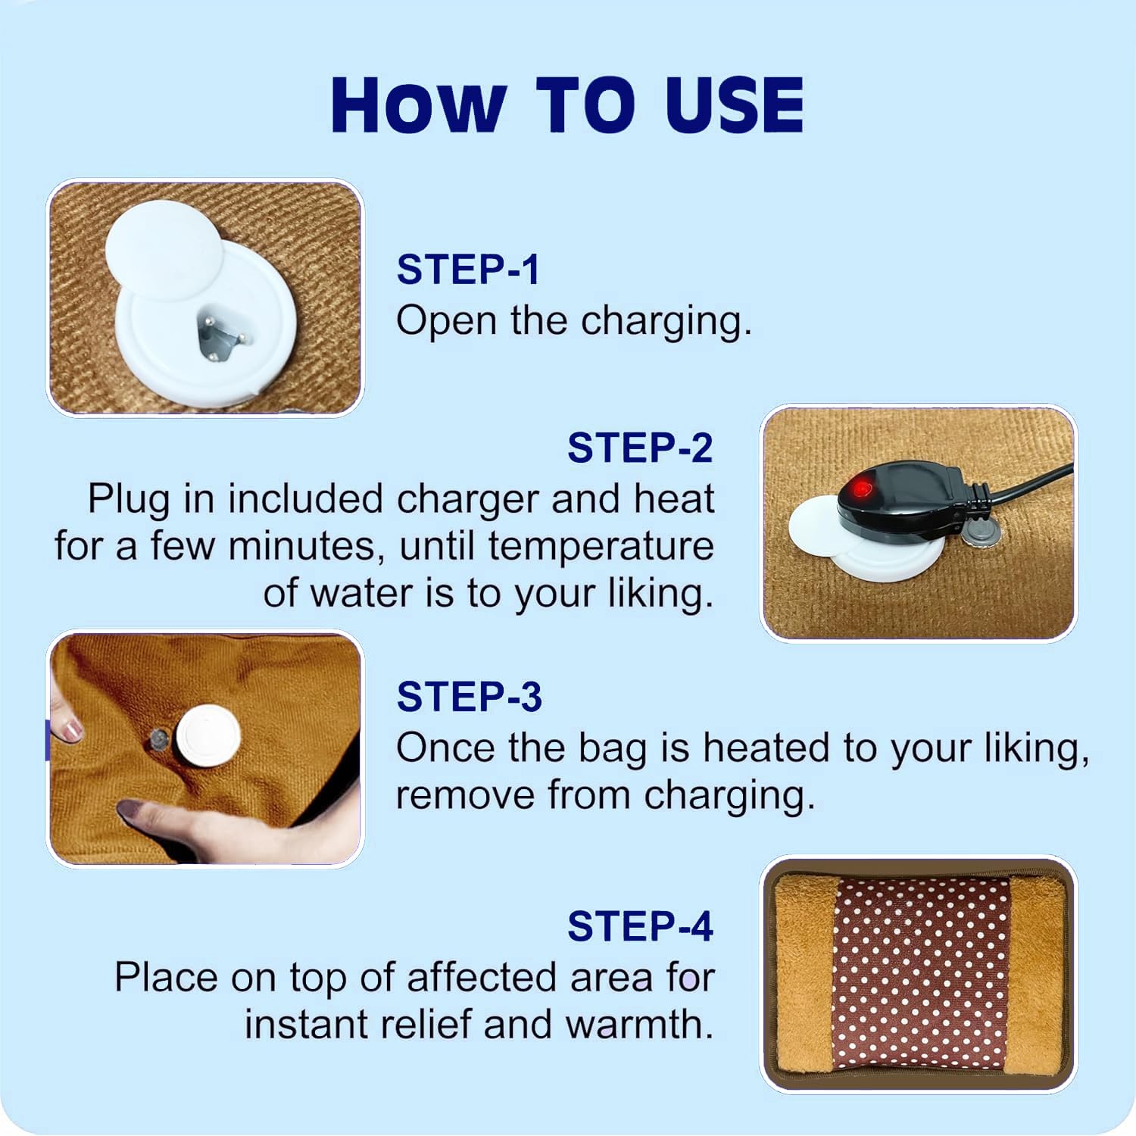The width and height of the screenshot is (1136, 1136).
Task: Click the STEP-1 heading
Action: click(468, 270)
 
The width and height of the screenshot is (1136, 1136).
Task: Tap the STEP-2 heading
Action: click(640, 448)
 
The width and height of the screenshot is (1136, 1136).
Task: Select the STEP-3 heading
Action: click(470, 697)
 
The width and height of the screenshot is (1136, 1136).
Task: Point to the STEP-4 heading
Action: click(640, 926)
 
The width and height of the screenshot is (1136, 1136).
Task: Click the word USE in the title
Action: click(734, 105)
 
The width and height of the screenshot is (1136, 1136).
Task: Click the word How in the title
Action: click(418, 105)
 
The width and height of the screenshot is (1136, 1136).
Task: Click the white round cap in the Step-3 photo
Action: click(208, 735)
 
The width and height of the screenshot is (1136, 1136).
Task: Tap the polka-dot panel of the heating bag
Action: click(922, 975)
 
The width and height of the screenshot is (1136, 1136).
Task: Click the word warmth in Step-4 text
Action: click(639, 1025)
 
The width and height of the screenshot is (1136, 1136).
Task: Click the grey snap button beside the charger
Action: click(982, 532)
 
